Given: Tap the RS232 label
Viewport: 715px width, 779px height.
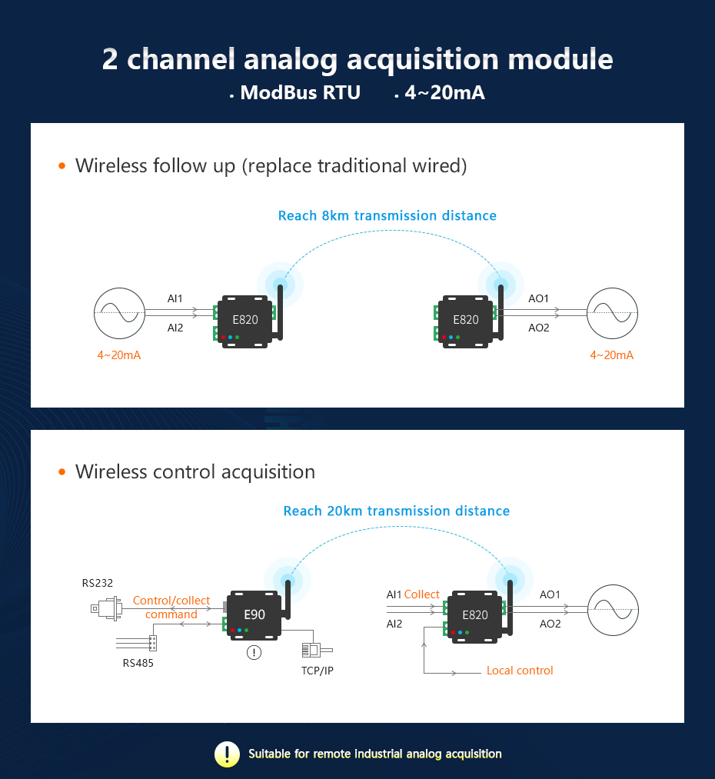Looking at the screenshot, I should (98, 583).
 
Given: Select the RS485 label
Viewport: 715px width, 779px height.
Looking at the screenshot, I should (138, 662).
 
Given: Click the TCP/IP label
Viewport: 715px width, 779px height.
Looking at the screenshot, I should (318, 671).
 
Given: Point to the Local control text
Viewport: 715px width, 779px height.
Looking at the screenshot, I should (520, 671).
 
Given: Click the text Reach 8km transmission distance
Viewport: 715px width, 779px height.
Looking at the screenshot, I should (387, 215).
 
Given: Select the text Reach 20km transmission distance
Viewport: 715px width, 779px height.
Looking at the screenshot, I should (397, 511).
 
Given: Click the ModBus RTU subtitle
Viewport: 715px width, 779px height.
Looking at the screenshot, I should (300, 93).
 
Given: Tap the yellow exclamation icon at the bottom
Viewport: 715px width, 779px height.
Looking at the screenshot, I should (227, 754).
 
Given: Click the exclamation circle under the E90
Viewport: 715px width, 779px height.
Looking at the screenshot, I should (254, 653).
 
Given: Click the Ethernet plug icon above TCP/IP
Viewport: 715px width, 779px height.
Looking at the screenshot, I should (311, 650).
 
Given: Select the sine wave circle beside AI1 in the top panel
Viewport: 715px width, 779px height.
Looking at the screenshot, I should (118, 313).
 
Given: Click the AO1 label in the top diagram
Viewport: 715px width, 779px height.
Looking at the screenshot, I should (539, 298).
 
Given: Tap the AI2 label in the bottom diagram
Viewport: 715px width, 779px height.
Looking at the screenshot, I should (394, 624).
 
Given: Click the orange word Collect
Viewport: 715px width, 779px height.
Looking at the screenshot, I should (422, 594).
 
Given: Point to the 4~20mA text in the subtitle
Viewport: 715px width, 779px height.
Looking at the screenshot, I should (444, 93).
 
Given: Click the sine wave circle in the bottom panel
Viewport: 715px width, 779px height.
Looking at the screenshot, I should (613, 609).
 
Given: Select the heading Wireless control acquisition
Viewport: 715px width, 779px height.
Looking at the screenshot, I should (195, 471).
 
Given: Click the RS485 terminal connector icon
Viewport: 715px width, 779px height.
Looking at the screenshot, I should (152, 641).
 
